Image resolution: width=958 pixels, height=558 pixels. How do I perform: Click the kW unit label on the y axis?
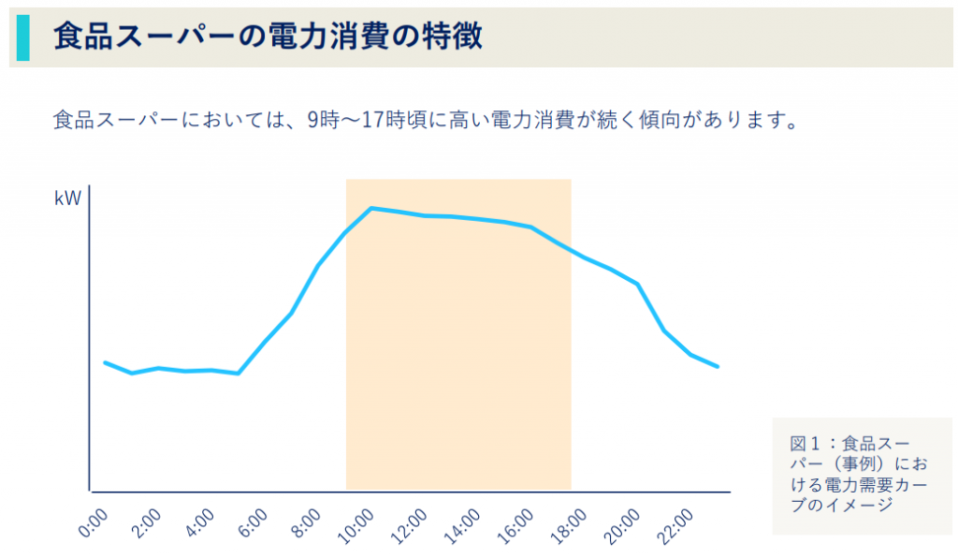67,198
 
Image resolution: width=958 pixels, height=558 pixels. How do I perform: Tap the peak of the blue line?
371,208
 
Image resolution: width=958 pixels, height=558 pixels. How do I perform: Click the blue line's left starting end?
105,362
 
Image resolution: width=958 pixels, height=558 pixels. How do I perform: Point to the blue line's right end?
718,366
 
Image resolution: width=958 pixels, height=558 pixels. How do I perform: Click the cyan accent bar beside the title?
22,37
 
